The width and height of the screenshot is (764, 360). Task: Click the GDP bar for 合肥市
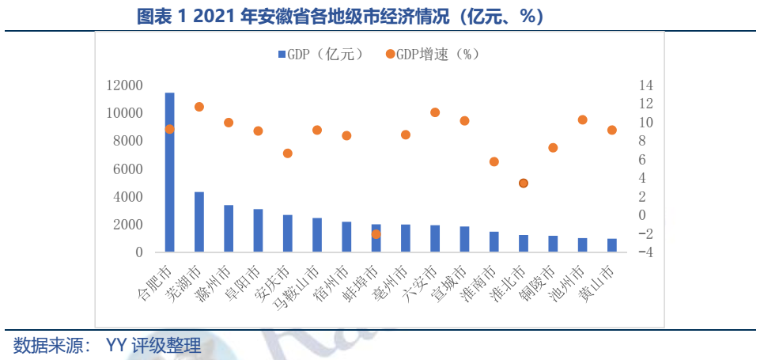[169, 172]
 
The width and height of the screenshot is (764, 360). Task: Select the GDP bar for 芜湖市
[199, 222]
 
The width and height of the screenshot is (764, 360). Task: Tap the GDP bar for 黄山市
[611, 245]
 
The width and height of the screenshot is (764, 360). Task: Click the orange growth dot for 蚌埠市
[376, 234]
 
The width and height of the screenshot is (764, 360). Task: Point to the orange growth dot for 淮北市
[523, 183]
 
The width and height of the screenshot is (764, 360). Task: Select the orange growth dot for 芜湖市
[199, 107]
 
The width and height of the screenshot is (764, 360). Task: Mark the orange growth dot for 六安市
[434, 112]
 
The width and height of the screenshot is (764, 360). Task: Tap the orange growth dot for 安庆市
[287, 153]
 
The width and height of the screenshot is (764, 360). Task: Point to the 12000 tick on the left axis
[127, 85]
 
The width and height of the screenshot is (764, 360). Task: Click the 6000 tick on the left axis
[130, 169]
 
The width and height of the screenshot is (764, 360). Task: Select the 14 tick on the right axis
[646, 85]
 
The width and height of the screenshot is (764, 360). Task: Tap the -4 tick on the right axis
[645, 252]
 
